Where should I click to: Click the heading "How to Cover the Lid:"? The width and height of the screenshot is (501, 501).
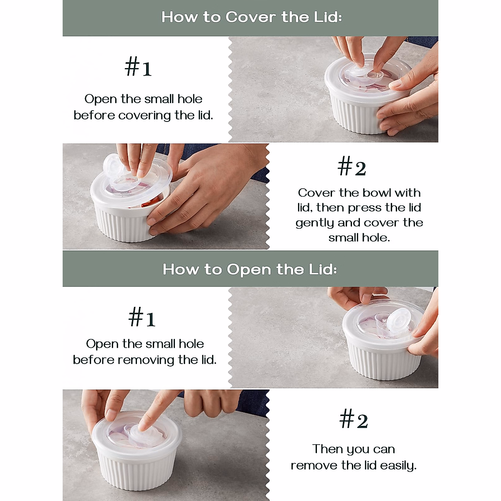coord(251,17)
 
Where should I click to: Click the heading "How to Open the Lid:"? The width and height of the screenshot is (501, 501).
coord(250,269)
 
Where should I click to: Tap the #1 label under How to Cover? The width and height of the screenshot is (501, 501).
coord(138,67)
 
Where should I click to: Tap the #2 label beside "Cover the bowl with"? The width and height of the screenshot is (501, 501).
coord(352,167)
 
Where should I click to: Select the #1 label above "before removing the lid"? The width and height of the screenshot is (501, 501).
coord(142,317)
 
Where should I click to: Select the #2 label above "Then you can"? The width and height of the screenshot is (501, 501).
coord(354,420)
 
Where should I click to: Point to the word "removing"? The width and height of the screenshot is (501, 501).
coord(146,360)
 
